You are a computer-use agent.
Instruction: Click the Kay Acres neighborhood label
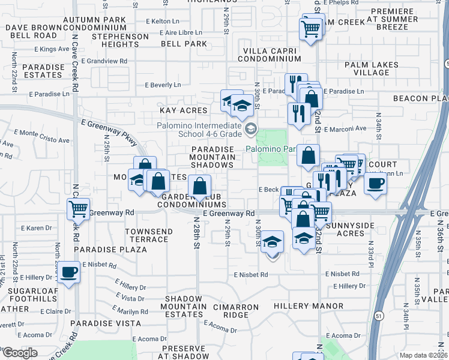[183, 110]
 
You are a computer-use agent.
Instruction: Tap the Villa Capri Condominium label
[269, 55]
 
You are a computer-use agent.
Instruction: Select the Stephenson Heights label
[120, 40]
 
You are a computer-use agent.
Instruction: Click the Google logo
[20, 353]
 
